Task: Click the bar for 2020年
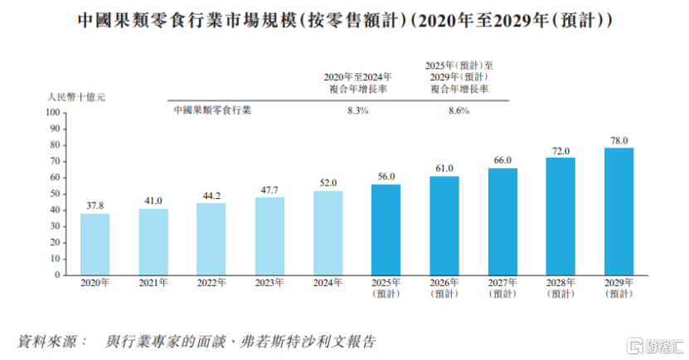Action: coord(95,244)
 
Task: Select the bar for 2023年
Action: coord(269,236)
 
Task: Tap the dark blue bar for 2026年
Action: coord(444,225)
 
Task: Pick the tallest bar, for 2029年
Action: coord(619,211)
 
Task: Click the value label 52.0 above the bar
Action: coord(328,182)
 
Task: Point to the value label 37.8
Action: coord(95,206)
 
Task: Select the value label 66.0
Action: coord(502,160)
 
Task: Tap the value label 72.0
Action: coord(560,150)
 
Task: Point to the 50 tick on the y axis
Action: coord(56,193)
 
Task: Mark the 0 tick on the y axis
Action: coord(58,275)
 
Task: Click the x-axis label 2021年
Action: coord(153,284)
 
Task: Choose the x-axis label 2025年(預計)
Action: coord(386,289)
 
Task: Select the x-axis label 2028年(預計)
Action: coord(560,289)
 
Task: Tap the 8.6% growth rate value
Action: coord(459,109)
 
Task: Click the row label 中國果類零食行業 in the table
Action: coord(212,109)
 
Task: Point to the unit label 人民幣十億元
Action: coord(76,97)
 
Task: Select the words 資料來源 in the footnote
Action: coord(50,342)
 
